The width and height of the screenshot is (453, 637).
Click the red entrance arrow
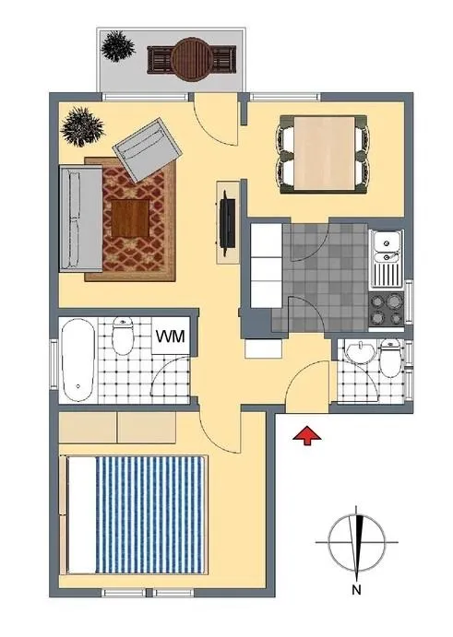click(307, 435)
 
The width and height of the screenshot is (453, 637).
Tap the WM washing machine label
click(171, 336)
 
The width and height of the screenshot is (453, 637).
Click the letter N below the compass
click(357, 589)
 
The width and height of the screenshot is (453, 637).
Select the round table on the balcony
click(192, 59)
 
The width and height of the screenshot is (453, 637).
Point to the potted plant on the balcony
click(118, 47)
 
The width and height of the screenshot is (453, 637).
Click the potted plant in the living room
click(82, 126)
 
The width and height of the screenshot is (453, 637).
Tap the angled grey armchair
click(147, 149)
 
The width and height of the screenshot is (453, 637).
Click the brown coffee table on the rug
click(130, 218)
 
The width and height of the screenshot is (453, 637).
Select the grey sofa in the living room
click(81, 218)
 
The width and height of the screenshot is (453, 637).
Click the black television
click(227, 221)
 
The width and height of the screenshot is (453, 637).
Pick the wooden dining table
click(324, 153)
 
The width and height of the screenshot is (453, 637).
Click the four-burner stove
click(387, 310)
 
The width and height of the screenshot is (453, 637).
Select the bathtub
click(78, 360)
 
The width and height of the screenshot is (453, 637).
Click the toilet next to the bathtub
click(123, 336)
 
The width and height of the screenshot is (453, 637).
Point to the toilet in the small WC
click(391, 358)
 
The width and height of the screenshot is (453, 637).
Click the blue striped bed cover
click(149, 514)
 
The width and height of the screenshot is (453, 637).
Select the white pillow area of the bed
click(82, 514)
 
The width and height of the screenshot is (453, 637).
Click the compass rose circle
click(357, 542)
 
